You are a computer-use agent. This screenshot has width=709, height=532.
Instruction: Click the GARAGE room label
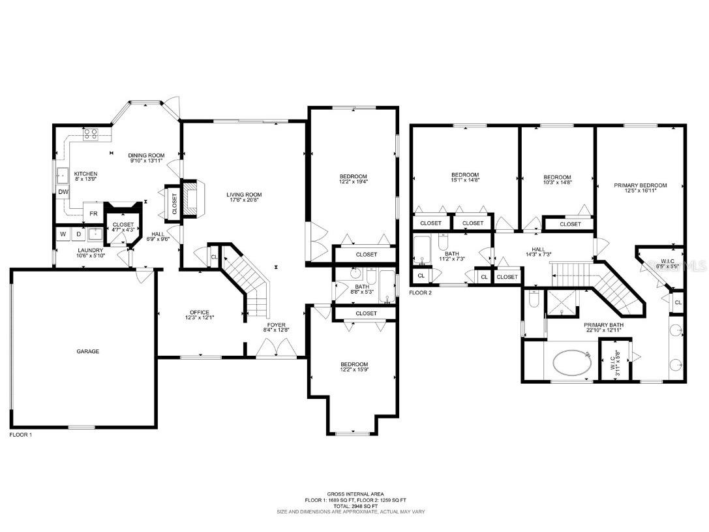[88, 351]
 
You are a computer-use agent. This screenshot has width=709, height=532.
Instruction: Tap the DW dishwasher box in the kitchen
[63, 192]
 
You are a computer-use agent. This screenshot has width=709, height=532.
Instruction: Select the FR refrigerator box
[93, 213]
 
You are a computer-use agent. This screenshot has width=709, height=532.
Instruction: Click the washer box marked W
[63, 234]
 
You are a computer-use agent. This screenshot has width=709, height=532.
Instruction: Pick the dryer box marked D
[79, 234]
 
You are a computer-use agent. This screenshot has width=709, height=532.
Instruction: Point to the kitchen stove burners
[91, 135]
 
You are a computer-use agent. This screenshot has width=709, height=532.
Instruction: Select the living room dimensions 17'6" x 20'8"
[244, 200]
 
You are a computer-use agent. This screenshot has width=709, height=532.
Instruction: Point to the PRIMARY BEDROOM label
[641, 185]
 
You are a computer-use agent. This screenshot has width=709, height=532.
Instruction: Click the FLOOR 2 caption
[421, 292]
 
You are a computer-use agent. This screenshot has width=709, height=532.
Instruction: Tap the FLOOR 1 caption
[21, 434]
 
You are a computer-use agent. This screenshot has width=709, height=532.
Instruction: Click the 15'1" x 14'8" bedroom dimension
[466, 181]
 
